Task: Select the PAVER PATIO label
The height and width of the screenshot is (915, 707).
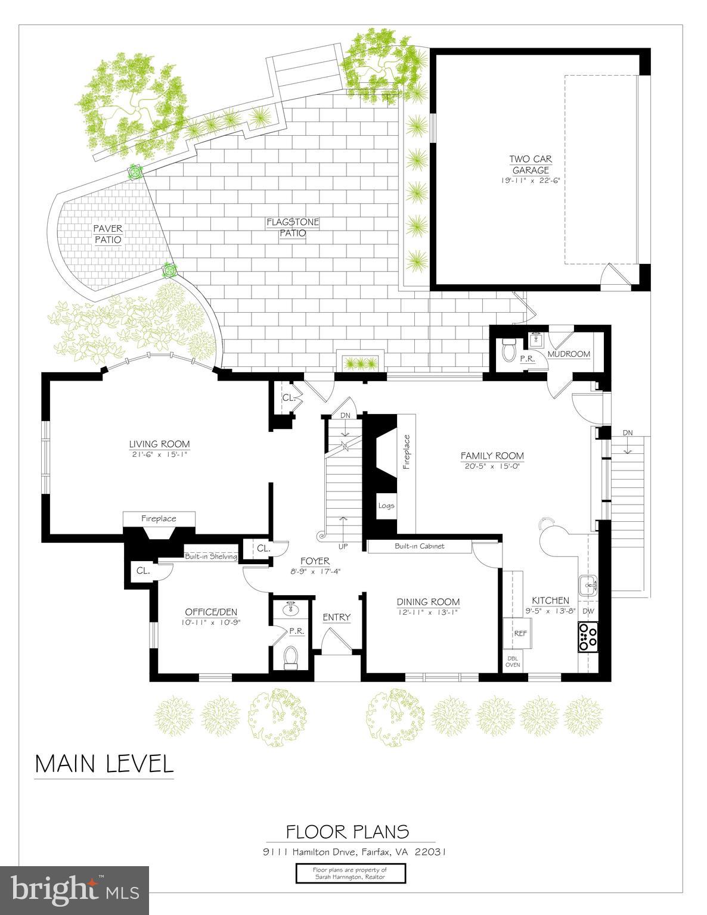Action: tap(107, 234)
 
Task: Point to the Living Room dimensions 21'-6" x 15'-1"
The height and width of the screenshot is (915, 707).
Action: tap(159, 454)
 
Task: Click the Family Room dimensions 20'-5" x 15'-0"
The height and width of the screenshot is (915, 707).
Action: tap(492, 466)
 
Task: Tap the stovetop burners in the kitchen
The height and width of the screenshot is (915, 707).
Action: tap(588, 636)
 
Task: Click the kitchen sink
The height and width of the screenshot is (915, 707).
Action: tap(589, 586)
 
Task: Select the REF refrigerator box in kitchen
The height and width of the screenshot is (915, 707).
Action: tap(520, 633)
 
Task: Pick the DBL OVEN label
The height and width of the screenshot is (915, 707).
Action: tap(513, 661)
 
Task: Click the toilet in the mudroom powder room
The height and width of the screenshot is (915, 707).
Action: tap(508, 350)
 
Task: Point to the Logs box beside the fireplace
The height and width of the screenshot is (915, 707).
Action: tap(386, 506)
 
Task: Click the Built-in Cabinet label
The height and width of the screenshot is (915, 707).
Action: tap(419, 546)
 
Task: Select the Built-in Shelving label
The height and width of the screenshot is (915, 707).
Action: tap(210, 556)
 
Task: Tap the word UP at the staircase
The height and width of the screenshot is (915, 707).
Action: tap(343, 546)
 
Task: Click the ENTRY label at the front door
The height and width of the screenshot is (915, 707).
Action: tap(336, 617)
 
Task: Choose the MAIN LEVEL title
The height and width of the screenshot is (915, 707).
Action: tap(104, 764)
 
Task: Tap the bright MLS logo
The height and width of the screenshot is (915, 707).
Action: tap(75, 890)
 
